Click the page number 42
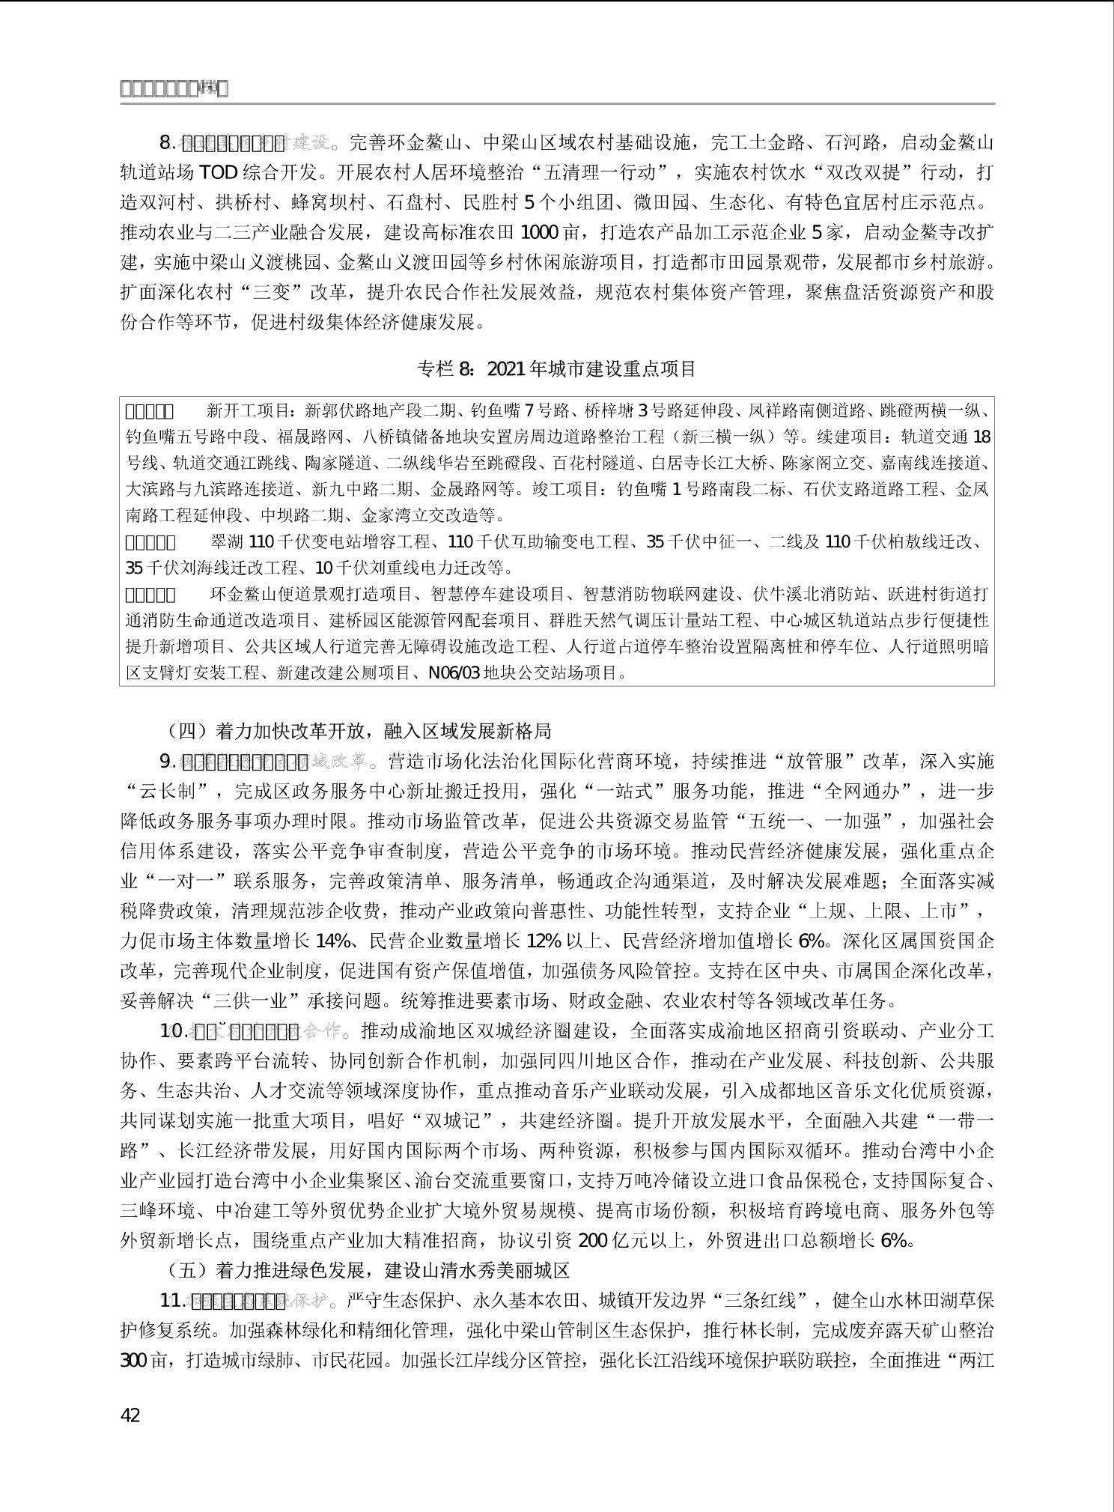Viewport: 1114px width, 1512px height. pos(130,1415)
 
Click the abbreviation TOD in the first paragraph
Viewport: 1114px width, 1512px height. pos(219,172)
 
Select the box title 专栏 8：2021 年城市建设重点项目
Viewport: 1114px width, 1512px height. pos(556,368)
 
